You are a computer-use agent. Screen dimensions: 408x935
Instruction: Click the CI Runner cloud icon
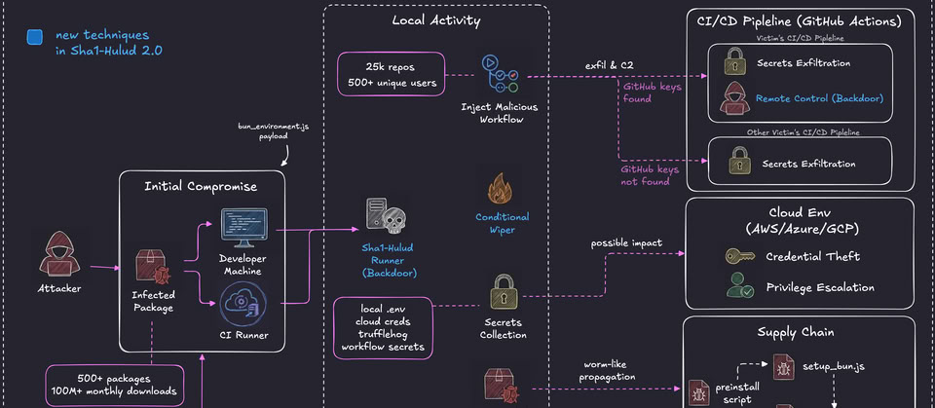[243, 302]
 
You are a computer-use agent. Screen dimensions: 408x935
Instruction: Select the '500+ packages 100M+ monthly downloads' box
[114, 385]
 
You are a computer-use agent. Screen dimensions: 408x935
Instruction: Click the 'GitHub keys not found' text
[650, 174]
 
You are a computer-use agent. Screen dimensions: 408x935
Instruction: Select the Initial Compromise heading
[202, 186]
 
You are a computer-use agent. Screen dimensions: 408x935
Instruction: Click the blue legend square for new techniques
[35, 37]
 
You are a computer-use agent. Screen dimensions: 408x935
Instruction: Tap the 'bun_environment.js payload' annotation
[260, 131]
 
